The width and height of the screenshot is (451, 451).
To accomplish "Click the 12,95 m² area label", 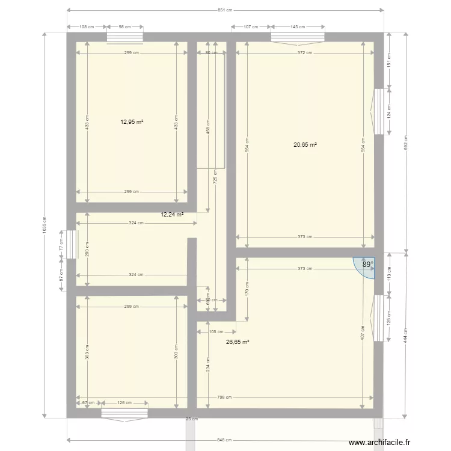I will point(132,121).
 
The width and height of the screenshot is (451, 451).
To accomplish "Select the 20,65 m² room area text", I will point(305,144).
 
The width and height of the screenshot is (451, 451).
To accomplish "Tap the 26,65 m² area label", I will point(238,342).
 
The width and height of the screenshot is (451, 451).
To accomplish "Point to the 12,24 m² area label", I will point(172,213).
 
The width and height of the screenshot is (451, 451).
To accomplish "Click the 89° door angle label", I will point(367,263).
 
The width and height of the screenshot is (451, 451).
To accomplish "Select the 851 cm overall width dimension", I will point(225,10).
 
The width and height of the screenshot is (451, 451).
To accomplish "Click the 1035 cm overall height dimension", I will point(44,226).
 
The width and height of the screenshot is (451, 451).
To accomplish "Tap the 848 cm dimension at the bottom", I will point(224,440).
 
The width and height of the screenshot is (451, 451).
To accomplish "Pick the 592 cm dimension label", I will point(406,141).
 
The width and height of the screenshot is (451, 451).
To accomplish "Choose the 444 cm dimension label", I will point(406,334).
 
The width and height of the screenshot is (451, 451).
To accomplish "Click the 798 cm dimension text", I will point(225,398).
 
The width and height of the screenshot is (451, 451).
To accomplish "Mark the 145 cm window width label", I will point(298,26).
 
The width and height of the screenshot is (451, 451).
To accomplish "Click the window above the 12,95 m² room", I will point(125,37).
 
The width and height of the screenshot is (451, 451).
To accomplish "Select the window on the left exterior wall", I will point(70,245).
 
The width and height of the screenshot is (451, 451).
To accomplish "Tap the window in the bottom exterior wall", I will point(124,413).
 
